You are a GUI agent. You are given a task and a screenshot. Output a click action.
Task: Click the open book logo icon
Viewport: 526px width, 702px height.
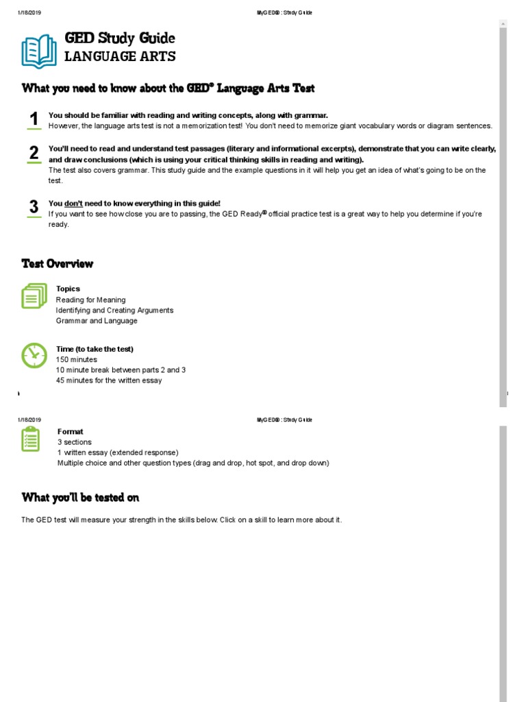tap(38, 51)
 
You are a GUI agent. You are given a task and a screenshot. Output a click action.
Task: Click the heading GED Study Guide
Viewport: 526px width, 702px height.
tap(119, 38)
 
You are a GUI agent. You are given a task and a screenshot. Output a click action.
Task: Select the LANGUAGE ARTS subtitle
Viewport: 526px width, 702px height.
tap(120, 57)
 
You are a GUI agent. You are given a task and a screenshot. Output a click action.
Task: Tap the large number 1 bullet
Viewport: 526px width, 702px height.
tap(34, 119)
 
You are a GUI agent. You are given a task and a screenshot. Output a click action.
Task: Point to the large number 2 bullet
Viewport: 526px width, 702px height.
tap(34, 154)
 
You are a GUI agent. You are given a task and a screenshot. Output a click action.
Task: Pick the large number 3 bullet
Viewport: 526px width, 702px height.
tap(34, 208)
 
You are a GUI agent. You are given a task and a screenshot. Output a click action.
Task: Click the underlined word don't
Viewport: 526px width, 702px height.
tap(73, 204)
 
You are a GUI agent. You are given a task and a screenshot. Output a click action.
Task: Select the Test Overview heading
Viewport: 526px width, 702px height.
tap(58, 264)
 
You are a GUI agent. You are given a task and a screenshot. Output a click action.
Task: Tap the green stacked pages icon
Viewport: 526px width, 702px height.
tap(34, 296)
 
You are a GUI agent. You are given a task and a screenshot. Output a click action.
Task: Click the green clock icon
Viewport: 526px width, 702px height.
tap(34, 355)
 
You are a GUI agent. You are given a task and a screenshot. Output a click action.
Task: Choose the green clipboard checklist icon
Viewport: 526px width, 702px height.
tap(31, 439)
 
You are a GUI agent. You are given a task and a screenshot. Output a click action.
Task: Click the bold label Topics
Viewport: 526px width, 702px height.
tap(68, 289)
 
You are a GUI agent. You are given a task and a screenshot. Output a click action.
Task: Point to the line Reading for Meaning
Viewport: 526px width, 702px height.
tap(90, 300)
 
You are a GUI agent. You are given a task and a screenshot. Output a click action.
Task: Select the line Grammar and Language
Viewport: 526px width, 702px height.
tap(97, 321)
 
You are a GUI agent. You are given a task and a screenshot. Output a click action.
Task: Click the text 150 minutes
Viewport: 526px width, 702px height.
tap(77, 359)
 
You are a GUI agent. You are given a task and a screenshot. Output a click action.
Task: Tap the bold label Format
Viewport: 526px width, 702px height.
tap(70, 432)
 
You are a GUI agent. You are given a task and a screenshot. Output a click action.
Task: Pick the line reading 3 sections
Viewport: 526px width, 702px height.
tap(74, 442)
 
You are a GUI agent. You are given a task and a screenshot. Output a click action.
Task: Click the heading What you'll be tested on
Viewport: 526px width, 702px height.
tap(80, 498)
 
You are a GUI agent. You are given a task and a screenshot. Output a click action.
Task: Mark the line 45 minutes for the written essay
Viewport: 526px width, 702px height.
tap(109, 380)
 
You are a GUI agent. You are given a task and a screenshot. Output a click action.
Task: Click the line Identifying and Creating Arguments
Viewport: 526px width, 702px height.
tap(114, 311)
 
